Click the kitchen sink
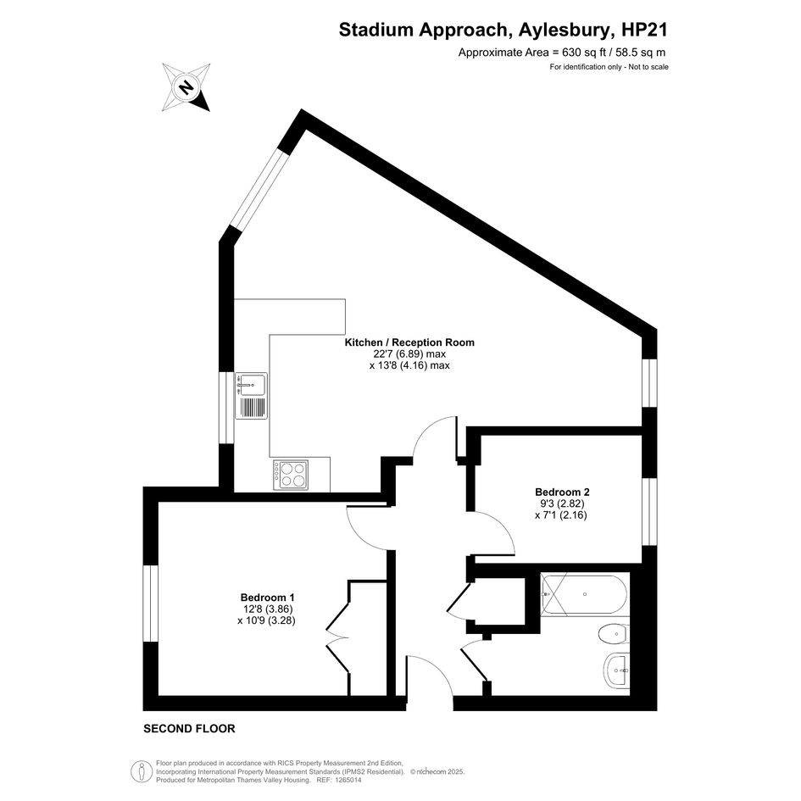(x=251, y=396)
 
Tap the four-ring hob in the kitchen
(x=291, y=475)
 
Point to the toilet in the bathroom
(x=613, y=635)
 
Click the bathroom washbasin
(x=616, y=670)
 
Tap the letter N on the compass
(x=186, y=87)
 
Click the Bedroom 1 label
(x=267, y=598)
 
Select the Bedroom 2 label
(x=562, y=492)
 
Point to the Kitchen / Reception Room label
(x=409, y=342)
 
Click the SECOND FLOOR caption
(x=189, y=729)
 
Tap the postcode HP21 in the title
(x=644, y=31)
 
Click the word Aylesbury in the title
(x=564, y=31)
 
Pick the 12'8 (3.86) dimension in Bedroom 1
(x=268, y=609)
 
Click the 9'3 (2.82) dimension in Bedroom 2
(x=560, y=503)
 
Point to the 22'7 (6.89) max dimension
(x=409, y=354)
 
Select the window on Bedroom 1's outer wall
(x=150, y=604)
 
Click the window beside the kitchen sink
(x=226, y=407)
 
